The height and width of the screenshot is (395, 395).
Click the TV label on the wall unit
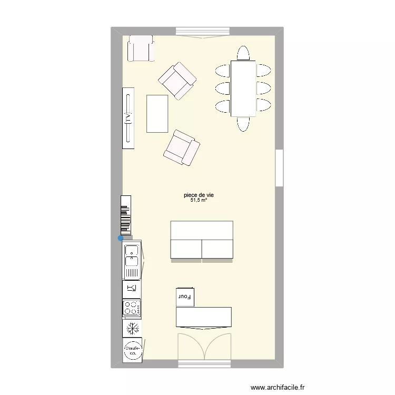tap(128, 117)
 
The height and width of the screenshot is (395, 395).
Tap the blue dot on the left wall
tap(121, 238)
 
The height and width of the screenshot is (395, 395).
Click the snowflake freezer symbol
tap(132, 328)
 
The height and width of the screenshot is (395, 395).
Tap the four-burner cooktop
tap(132, 308)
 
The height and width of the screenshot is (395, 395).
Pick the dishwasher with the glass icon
tap(132, 288)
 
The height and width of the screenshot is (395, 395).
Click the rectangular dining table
tap(243, 88)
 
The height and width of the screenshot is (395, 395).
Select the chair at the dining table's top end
tap(243, 53)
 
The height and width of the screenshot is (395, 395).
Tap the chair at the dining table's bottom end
tap(243, 124)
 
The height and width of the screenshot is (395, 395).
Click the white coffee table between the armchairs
tap(157, 113)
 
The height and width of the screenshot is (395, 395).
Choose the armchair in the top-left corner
tap(140, 48)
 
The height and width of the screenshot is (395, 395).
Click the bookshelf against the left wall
tap(125, 214)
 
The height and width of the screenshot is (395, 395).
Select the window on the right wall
tap(280, 167)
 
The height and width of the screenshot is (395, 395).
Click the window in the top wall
tap(203, 32)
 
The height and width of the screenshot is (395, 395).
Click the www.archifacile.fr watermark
tap(278, 388)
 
